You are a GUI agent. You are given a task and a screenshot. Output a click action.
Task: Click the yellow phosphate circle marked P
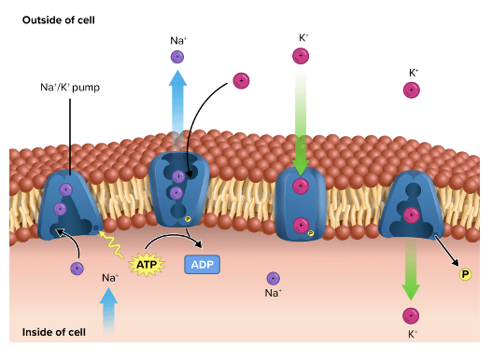(464, 273)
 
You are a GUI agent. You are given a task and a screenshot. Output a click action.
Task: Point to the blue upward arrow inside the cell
(109, 310)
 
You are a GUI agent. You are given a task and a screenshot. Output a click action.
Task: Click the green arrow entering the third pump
(301, 121)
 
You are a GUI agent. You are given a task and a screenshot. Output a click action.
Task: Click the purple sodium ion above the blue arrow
(177, 57)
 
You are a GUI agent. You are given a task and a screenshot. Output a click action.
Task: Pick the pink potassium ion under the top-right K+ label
(411, 90)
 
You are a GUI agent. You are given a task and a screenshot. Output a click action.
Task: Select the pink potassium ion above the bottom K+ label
(410, 315)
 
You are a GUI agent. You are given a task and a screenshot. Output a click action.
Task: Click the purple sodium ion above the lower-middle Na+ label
(273, 278)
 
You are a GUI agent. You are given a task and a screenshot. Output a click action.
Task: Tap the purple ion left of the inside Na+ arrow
(77, 269)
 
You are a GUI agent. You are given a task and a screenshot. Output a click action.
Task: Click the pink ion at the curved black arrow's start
(242, 80)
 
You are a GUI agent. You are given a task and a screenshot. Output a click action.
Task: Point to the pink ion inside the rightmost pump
(410, 215)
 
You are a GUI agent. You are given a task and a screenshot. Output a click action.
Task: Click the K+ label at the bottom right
(411, 333)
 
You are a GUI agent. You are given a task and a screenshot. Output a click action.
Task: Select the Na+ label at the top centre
(177, 40)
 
